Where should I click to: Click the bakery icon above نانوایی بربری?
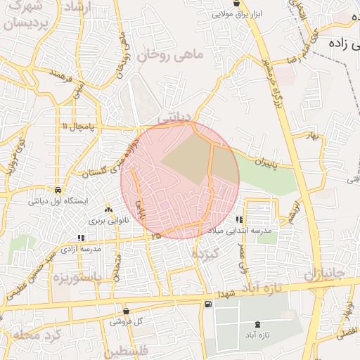(108, 210)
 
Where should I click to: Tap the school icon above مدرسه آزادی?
(81, 238)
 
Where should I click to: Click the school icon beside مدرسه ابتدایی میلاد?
(240, 220)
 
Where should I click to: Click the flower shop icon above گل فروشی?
(126, 311)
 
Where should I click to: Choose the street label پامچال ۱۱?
(77, 126)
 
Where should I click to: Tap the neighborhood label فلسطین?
(129, 350)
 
